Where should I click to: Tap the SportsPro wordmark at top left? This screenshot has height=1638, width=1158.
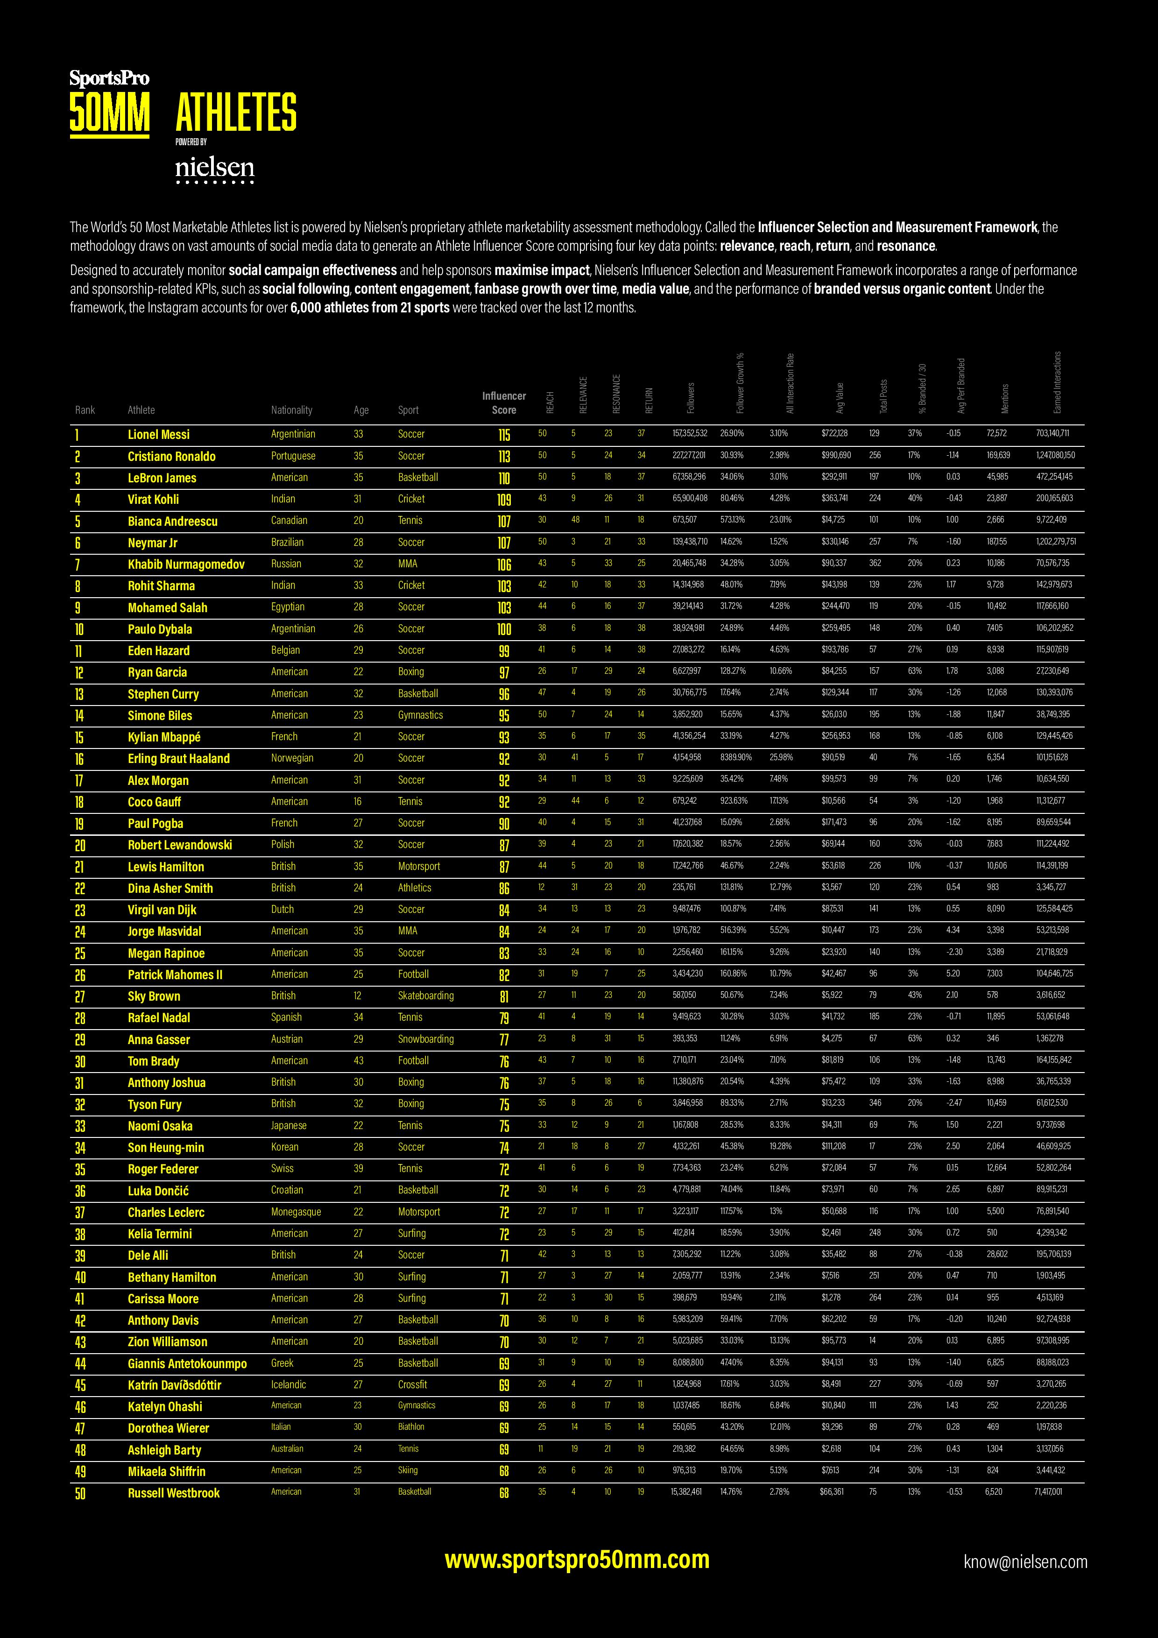point(109,78)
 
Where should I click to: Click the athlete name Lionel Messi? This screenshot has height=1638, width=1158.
point(158,434)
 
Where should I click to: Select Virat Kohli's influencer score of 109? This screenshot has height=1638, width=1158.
point(504,500)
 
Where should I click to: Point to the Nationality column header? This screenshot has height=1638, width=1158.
point(291,410)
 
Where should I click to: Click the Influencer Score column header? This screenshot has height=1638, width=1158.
point(504,403)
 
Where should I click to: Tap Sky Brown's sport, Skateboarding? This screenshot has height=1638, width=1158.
point(425,996)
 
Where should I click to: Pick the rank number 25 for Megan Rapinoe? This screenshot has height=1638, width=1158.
point(80,954)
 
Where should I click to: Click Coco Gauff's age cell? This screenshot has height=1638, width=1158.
point(358,801)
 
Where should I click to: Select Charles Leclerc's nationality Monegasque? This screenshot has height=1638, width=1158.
point(296,1212)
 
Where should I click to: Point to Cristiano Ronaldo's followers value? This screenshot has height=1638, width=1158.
point(689,455)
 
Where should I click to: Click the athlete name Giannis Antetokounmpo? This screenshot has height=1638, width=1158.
point(187,1363)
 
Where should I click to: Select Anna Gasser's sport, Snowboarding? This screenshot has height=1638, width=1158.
point(425,1039)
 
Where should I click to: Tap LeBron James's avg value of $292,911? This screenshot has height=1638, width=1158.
point(834,477)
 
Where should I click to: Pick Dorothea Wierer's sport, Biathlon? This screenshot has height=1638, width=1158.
point(411,1427)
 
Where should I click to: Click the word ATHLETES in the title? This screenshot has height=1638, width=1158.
point(235,112)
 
